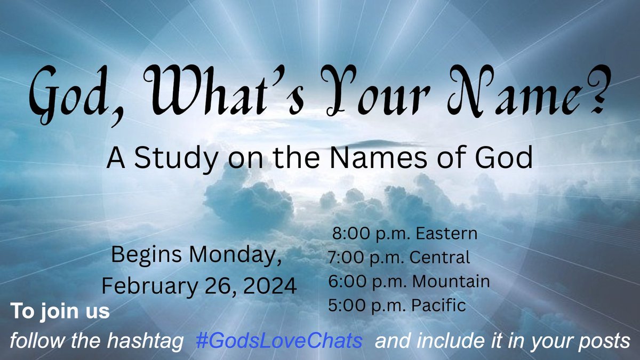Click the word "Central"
(441, 258)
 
